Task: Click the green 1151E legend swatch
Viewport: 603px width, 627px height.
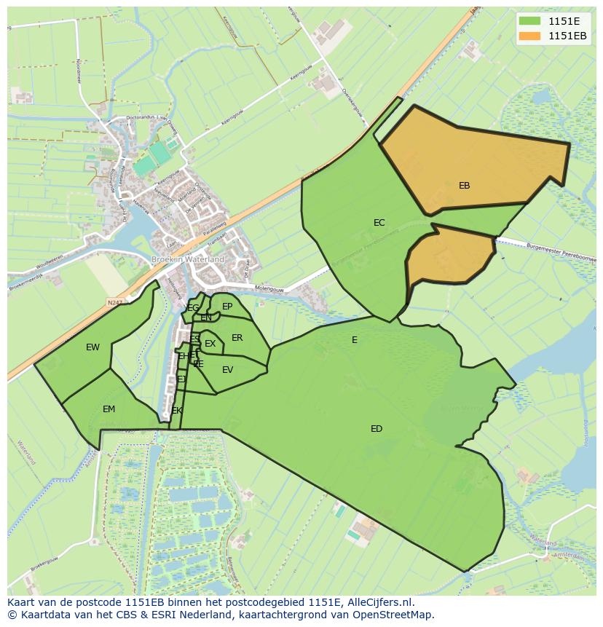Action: click(x=529, y=21)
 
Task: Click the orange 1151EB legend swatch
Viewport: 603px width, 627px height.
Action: click(x=529, y=36)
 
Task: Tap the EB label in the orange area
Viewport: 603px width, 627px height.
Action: click(x=464, y=186)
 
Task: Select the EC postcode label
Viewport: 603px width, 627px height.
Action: click(x=379, y=223)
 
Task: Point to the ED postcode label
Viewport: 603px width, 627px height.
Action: click(x=376, y=429)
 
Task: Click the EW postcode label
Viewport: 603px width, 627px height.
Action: click(x=92, y=347)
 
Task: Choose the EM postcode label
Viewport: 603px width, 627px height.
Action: click(x=109, y=409)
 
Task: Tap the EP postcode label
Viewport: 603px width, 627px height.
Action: click(x=227, y=307)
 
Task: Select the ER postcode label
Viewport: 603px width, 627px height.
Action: click(x=237, y=338)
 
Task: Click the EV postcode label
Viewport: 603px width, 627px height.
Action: click(x=227, y=370)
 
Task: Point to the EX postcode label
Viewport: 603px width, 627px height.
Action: click(x=210, y=344)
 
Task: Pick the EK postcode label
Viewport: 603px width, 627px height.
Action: click(x=177, y=411)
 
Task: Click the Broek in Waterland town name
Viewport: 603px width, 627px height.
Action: click(x=188, y=259)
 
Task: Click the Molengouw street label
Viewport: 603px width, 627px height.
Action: click(x=269, y=288)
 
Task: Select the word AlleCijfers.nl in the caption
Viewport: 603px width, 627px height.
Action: click(x=379, y=602)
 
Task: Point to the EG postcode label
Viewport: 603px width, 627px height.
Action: click(x=193, y=308)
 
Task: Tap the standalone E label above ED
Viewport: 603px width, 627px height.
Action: click(x=355, y=340)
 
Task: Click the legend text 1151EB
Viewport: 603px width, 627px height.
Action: click(x=567, y=36)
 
